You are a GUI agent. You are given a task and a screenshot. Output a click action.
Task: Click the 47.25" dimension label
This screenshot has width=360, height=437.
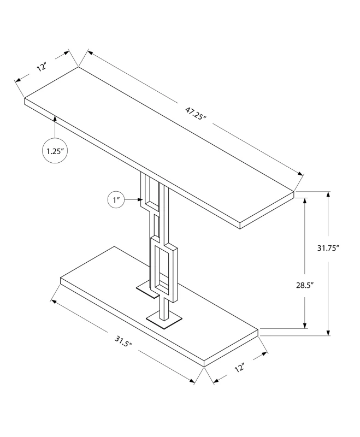(x=196, y=113)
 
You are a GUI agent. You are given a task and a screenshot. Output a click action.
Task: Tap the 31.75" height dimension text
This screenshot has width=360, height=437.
(x=328, y=248)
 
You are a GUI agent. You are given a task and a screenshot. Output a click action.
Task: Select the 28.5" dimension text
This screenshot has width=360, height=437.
(x=305, y=285)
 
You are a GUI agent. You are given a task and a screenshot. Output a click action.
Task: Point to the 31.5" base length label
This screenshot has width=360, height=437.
(x=123, y=340)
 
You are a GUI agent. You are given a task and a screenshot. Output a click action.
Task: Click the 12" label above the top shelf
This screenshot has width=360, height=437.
(x=42, y=67)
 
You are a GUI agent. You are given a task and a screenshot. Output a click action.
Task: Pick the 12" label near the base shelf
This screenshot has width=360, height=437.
(x=239, y=367)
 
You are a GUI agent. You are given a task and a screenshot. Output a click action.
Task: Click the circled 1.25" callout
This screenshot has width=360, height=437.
(x=55, y=151)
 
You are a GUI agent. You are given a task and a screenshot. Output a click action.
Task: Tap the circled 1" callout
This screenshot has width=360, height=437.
(x=116, y=200)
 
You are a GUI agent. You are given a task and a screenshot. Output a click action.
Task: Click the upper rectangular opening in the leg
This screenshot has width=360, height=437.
(x=152, y=192)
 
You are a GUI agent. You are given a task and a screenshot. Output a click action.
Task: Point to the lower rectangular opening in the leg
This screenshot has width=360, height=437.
(x=162, y=268)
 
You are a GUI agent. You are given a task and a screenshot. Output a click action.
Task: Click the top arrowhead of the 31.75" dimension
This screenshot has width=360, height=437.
(x=328, y=195)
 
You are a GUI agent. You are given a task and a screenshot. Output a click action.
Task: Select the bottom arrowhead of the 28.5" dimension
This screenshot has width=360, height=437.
(x=305, y=325)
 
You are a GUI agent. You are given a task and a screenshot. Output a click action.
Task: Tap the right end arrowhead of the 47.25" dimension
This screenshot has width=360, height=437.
(x=300, y=174)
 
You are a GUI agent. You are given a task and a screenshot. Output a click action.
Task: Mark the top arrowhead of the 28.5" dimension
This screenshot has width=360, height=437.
(x=305, y=201)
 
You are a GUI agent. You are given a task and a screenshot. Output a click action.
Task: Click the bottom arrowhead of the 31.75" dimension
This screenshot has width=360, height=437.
(x=328, y=332)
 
